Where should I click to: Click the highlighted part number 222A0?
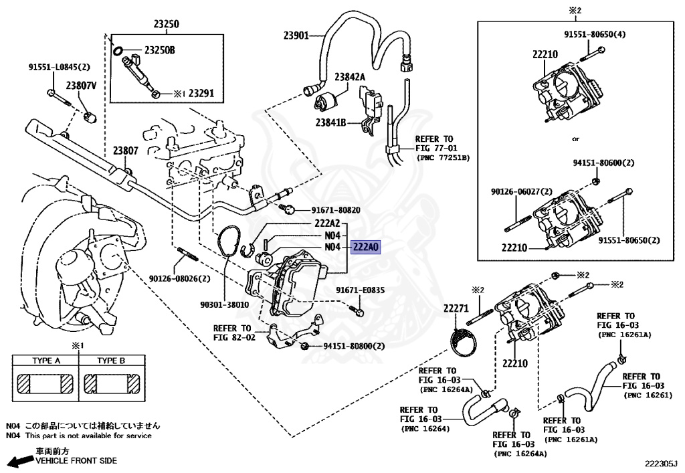coord(365,247)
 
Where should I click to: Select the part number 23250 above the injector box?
coord(167,25)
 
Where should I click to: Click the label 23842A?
coord(350,77)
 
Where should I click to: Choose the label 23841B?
coord(330,122)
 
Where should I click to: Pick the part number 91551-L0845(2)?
coord(59,67)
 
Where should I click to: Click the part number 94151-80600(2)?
coord(603,163)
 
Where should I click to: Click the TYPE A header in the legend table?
coord(46,361)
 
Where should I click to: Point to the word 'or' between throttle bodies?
coord(575,139)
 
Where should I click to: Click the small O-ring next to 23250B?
coord(118,50)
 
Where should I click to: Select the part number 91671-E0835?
coord(360,290)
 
